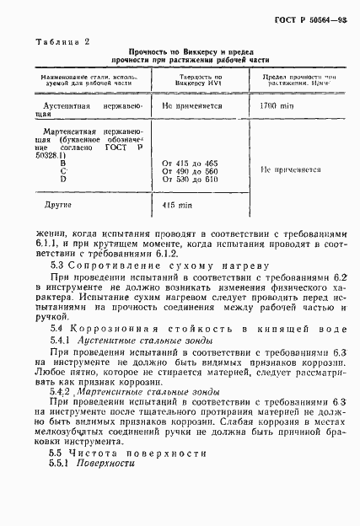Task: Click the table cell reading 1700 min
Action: [x=275, y=108]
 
